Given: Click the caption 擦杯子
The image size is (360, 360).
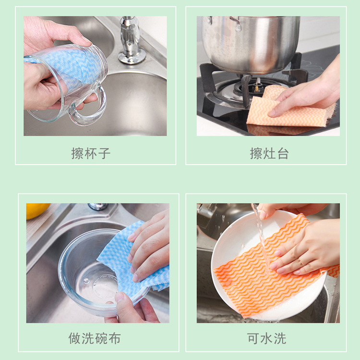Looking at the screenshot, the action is [x=91, y=154].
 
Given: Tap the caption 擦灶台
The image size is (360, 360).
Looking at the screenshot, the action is [x=269, y=154].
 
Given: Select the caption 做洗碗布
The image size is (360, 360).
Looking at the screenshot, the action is [x=95, y=338].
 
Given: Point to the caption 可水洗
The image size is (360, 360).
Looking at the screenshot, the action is [x=266, y=338].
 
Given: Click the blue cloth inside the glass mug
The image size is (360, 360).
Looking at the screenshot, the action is [x=71, y=67].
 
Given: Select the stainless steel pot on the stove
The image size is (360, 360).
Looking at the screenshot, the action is [x=251, y=44].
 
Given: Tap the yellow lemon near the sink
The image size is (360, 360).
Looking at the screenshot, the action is [x=36, y=210].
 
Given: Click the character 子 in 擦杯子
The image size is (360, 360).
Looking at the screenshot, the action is [x=105, y=154].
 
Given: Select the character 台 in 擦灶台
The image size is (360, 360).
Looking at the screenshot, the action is [x=283, y=154].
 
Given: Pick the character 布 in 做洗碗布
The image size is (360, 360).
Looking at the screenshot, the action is [x=115, y=338].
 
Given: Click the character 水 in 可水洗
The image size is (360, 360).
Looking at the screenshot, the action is [x=266, y=338].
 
